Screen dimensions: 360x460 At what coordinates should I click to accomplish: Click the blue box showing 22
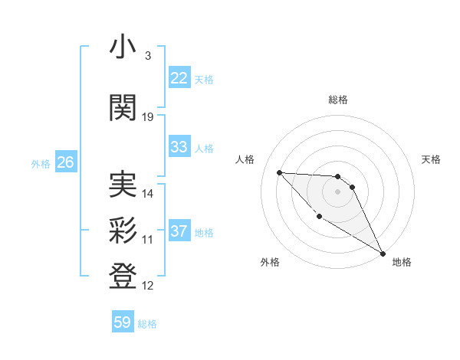pyautogui.click(x=179, y=77)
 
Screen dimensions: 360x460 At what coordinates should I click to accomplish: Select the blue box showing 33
pyautogui.click(x=179, y=147)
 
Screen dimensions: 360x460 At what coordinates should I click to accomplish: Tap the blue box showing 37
pyautogui.click(x=179, y=231)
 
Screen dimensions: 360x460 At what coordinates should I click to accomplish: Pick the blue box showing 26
pyautogui.click(x=65, y=162)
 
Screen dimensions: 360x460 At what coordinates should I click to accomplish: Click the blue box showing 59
pyautogui.click(x=123, y=322)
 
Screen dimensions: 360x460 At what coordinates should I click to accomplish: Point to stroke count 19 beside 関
pyautogui.click(x=148, y=117)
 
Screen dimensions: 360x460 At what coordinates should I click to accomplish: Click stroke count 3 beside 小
pyautogui.click(x=147, y=56)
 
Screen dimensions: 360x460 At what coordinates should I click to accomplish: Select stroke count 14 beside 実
pyautogui.click(x=148, y=194)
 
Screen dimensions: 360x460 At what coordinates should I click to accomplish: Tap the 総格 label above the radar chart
pyautogui.click(x=338, y=100)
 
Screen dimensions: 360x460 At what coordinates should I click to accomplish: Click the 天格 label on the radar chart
pyautogui.click(x=432, y=159)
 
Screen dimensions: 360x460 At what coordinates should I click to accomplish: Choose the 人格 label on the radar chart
pyautogui.click(x=245, y=159)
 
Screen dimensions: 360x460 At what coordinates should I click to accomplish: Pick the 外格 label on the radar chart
pyautogui.click(x=270, y=262)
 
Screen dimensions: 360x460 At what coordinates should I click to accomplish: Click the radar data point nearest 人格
pyautogui.click(x=279, y=172)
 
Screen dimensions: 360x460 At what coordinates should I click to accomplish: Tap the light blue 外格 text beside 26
pyautogui.click(x=40, y=163)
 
